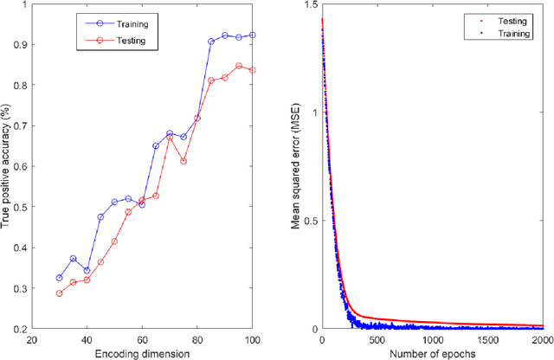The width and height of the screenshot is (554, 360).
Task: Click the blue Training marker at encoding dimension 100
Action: tap(253, 35)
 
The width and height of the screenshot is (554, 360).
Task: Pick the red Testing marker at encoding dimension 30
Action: tap(60, 293)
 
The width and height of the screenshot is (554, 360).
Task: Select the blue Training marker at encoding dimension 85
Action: tap(211, 42)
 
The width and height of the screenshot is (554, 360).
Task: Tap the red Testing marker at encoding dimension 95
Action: tap(239, 66)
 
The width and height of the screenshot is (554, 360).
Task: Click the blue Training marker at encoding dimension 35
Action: tap(74, 259)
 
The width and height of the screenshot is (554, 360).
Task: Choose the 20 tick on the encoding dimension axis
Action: tap(32, 340)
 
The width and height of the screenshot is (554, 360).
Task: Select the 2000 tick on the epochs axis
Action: tap(543, 340)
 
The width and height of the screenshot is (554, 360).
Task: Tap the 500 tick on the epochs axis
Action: tap(376, 340)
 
